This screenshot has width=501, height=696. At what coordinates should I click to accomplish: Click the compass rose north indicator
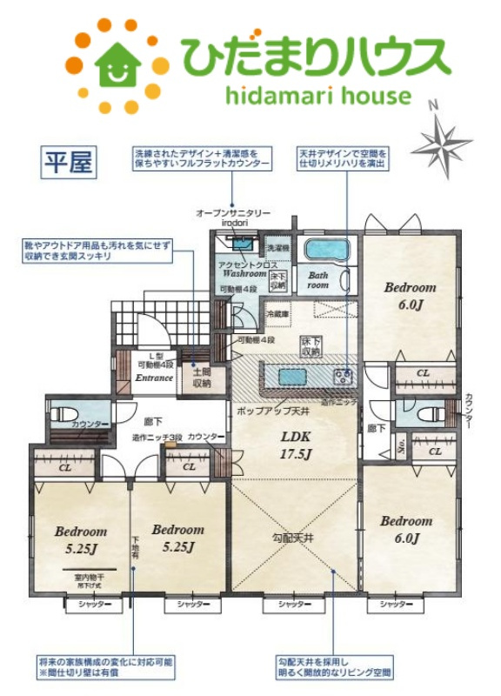tap(443, 138)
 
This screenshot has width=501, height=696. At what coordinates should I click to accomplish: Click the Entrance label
tap(154, 379)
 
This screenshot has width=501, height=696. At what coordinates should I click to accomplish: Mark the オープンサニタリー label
tap(234, 213)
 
